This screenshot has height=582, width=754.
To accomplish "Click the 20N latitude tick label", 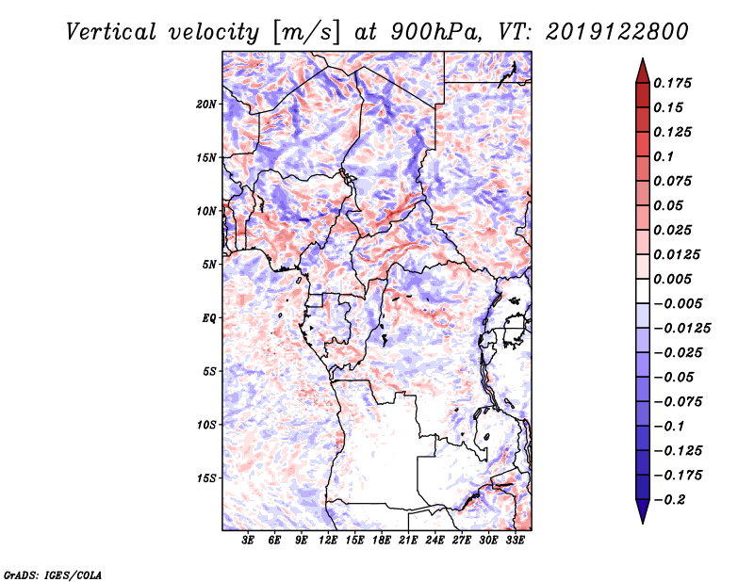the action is [x=205, y=105].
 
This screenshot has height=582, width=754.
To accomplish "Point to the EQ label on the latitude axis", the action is [x=209, y=318].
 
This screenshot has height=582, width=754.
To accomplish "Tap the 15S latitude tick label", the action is [x=205, y=478].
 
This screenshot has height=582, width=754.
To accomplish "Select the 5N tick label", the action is [x=209, y=265].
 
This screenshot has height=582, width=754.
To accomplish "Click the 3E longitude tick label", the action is [x=248, y=541].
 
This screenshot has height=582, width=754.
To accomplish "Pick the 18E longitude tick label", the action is [x=382, y=541].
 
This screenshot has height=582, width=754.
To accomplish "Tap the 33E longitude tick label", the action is [x=515, y=541].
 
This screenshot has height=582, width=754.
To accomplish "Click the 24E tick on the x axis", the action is [x=434, y=541].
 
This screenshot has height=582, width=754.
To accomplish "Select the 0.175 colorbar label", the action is [x=672, y=83].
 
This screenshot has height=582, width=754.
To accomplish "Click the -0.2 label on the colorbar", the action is [x=669, y=500].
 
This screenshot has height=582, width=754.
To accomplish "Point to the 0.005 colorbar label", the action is [x=672, y=279].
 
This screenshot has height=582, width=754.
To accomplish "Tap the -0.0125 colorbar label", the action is [x=681, y=329].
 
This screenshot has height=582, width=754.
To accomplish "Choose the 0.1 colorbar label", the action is [x=664, y=156].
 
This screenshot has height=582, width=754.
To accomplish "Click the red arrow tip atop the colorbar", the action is [x=643, y=58].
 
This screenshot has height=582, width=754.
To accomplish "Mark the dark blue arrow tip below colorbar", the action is [x=643, y=523].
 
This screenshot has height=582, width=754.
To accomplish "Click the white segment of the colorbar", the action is [x=643, y=291].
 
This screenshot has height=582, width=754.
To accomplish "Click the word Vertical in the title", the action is [x=111, y=32].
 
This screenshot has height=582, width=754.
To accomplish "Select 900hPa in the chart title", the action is [x=435, y=32].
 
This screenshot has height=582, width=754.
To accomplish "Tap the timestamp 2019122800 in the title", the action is [x=617, y=32].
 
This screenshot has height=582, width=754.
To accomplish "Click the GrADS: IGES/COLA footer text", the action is [x=53, y=574].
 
